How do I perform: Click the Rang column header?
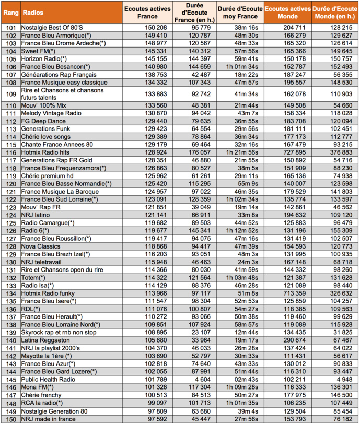[x=10, y=10]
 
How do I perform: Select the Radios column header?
[x=34, y=10]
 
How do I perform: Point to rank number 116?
[x=10, y=152]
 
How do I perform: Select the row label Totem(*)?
[x=33, y=277]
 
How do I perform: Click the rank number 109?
[x=10, y=93]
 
